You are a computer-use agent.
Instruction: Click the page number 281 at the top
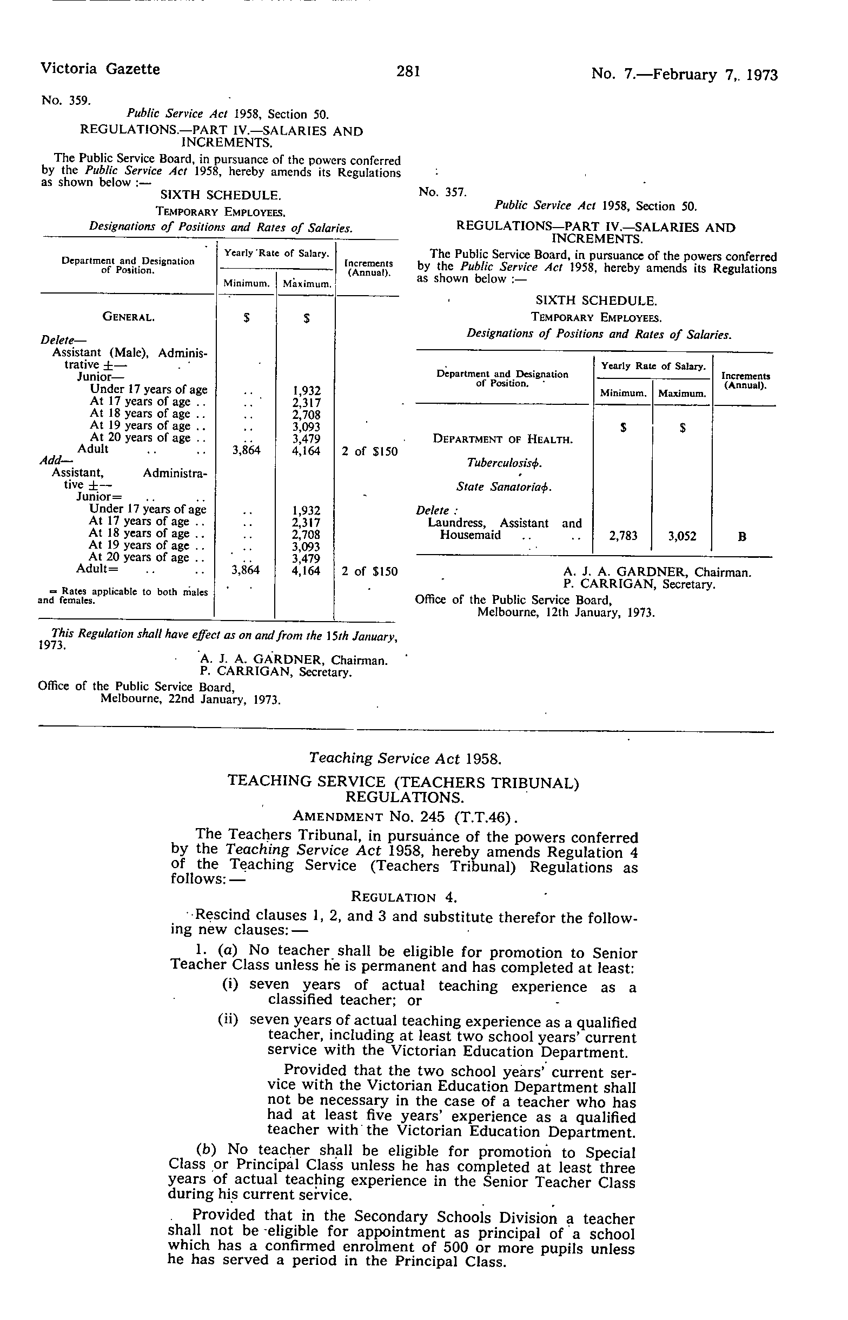click(x=408, y=71)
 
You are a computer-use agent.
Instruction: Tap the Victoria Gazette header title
click(x=100, y=69)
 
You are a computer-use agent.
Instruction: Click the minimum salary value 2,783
click(x=623, y=536)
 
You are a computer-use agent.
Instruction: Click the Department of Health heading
click(x=502, y=439)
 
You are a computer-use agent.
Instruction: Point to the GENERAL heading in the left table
click(x=128, y=317)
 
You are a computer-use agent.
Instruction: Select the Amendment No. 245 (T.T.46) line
click(x=405, y=816)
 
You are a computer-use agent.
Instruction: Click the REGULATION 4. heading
click(x=404, y=897)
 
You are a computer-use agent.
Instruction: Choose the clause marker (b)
click(x=206, y=1149)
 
